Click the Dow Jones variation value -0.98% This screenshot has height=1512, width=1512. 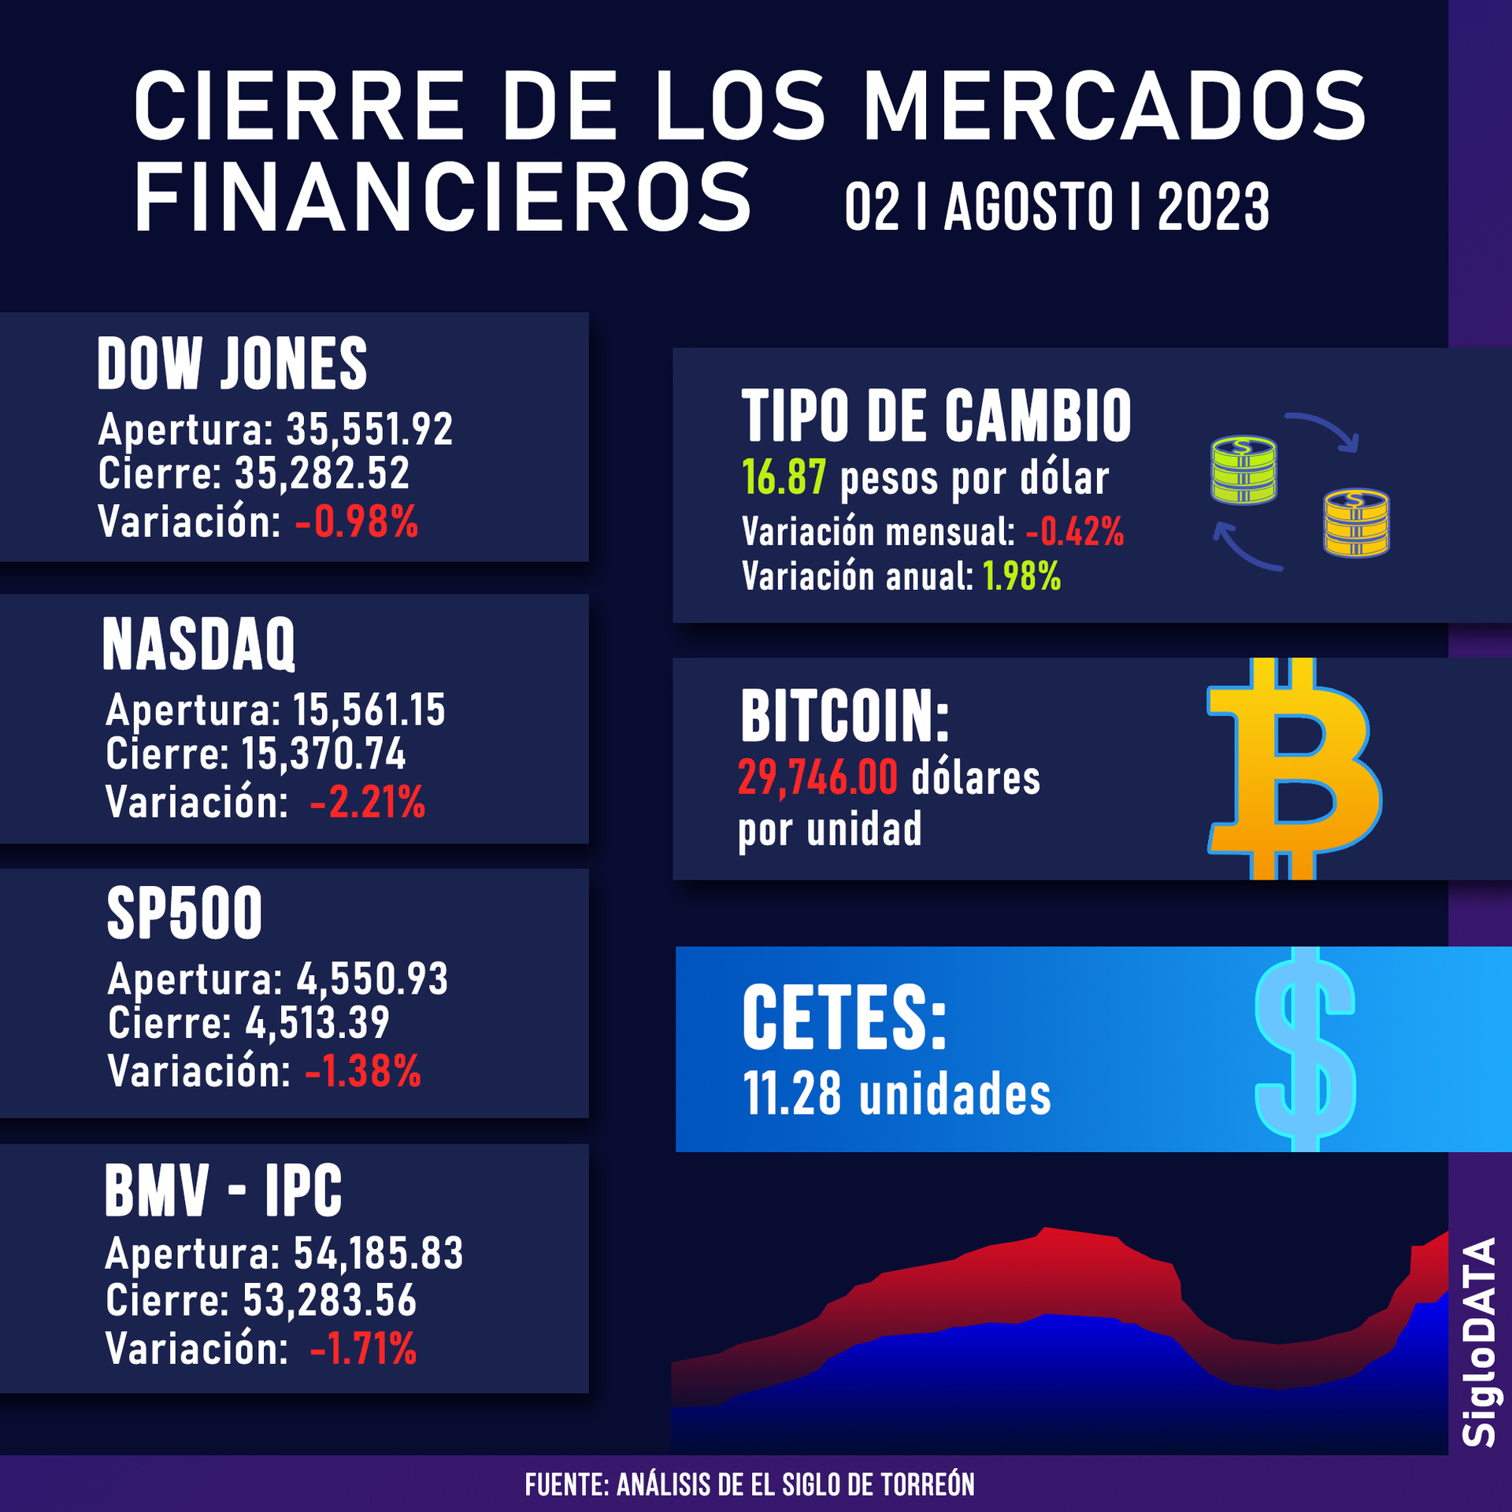tap(357, 522)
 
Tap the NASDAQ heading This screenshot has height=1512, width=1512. tap(198, 644)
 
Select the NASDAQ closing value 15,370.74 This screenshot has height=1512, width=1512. tap(324, 754)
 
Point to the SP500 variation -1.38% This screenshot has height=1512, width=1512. tap(363, 1072)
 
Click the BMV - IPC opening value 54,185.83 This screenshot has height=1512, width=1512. tap(378, 1254)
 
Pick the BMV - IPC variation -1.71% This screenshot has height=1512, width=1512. tap(363, 1349)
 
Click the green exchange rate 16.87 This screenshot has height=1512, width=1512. tap(784, 478)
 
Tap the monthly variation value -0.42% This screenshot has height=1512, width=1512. tap(1075, 532)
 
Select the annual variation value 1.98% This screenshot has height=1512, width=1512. tap(1022, 577)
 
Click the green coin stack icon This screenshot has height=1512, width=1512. tap(1243, 470)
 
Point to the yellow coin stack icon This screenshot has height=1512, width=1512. tap(1356, 523)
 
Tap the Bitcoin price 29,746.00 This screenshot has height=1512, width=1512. tap(817, 778)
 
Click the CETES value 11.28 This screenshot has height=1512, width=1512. tap(792, 1095)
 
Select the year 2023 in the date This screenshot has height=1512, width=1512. tap(1213, 207)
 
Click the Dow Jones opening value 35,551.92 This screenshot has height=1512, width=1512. tap(369, 430)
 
